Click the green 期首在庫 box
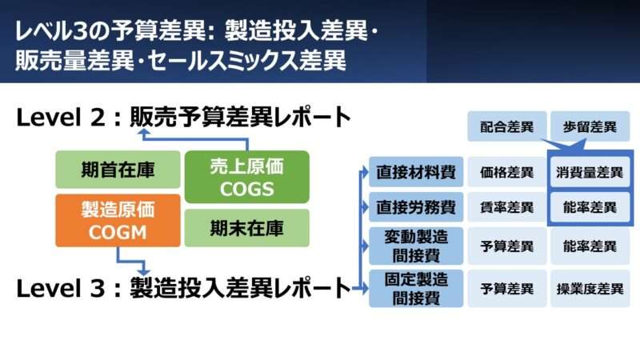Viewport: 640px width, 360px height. click(118, 170)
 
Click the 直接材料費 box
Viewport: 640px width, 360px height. click(416, 171)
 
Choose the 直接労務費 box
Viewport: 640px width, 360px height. click(416, 207)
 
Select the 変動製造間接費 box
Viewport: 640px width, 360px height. click(416, 246)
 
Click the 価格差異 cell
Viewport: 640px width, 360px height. click(507, 171)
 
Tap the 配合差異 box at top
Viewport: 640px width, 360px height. click(507, 126)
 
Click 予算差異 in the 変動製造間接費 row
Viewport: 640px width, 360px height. click(507, 246)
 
